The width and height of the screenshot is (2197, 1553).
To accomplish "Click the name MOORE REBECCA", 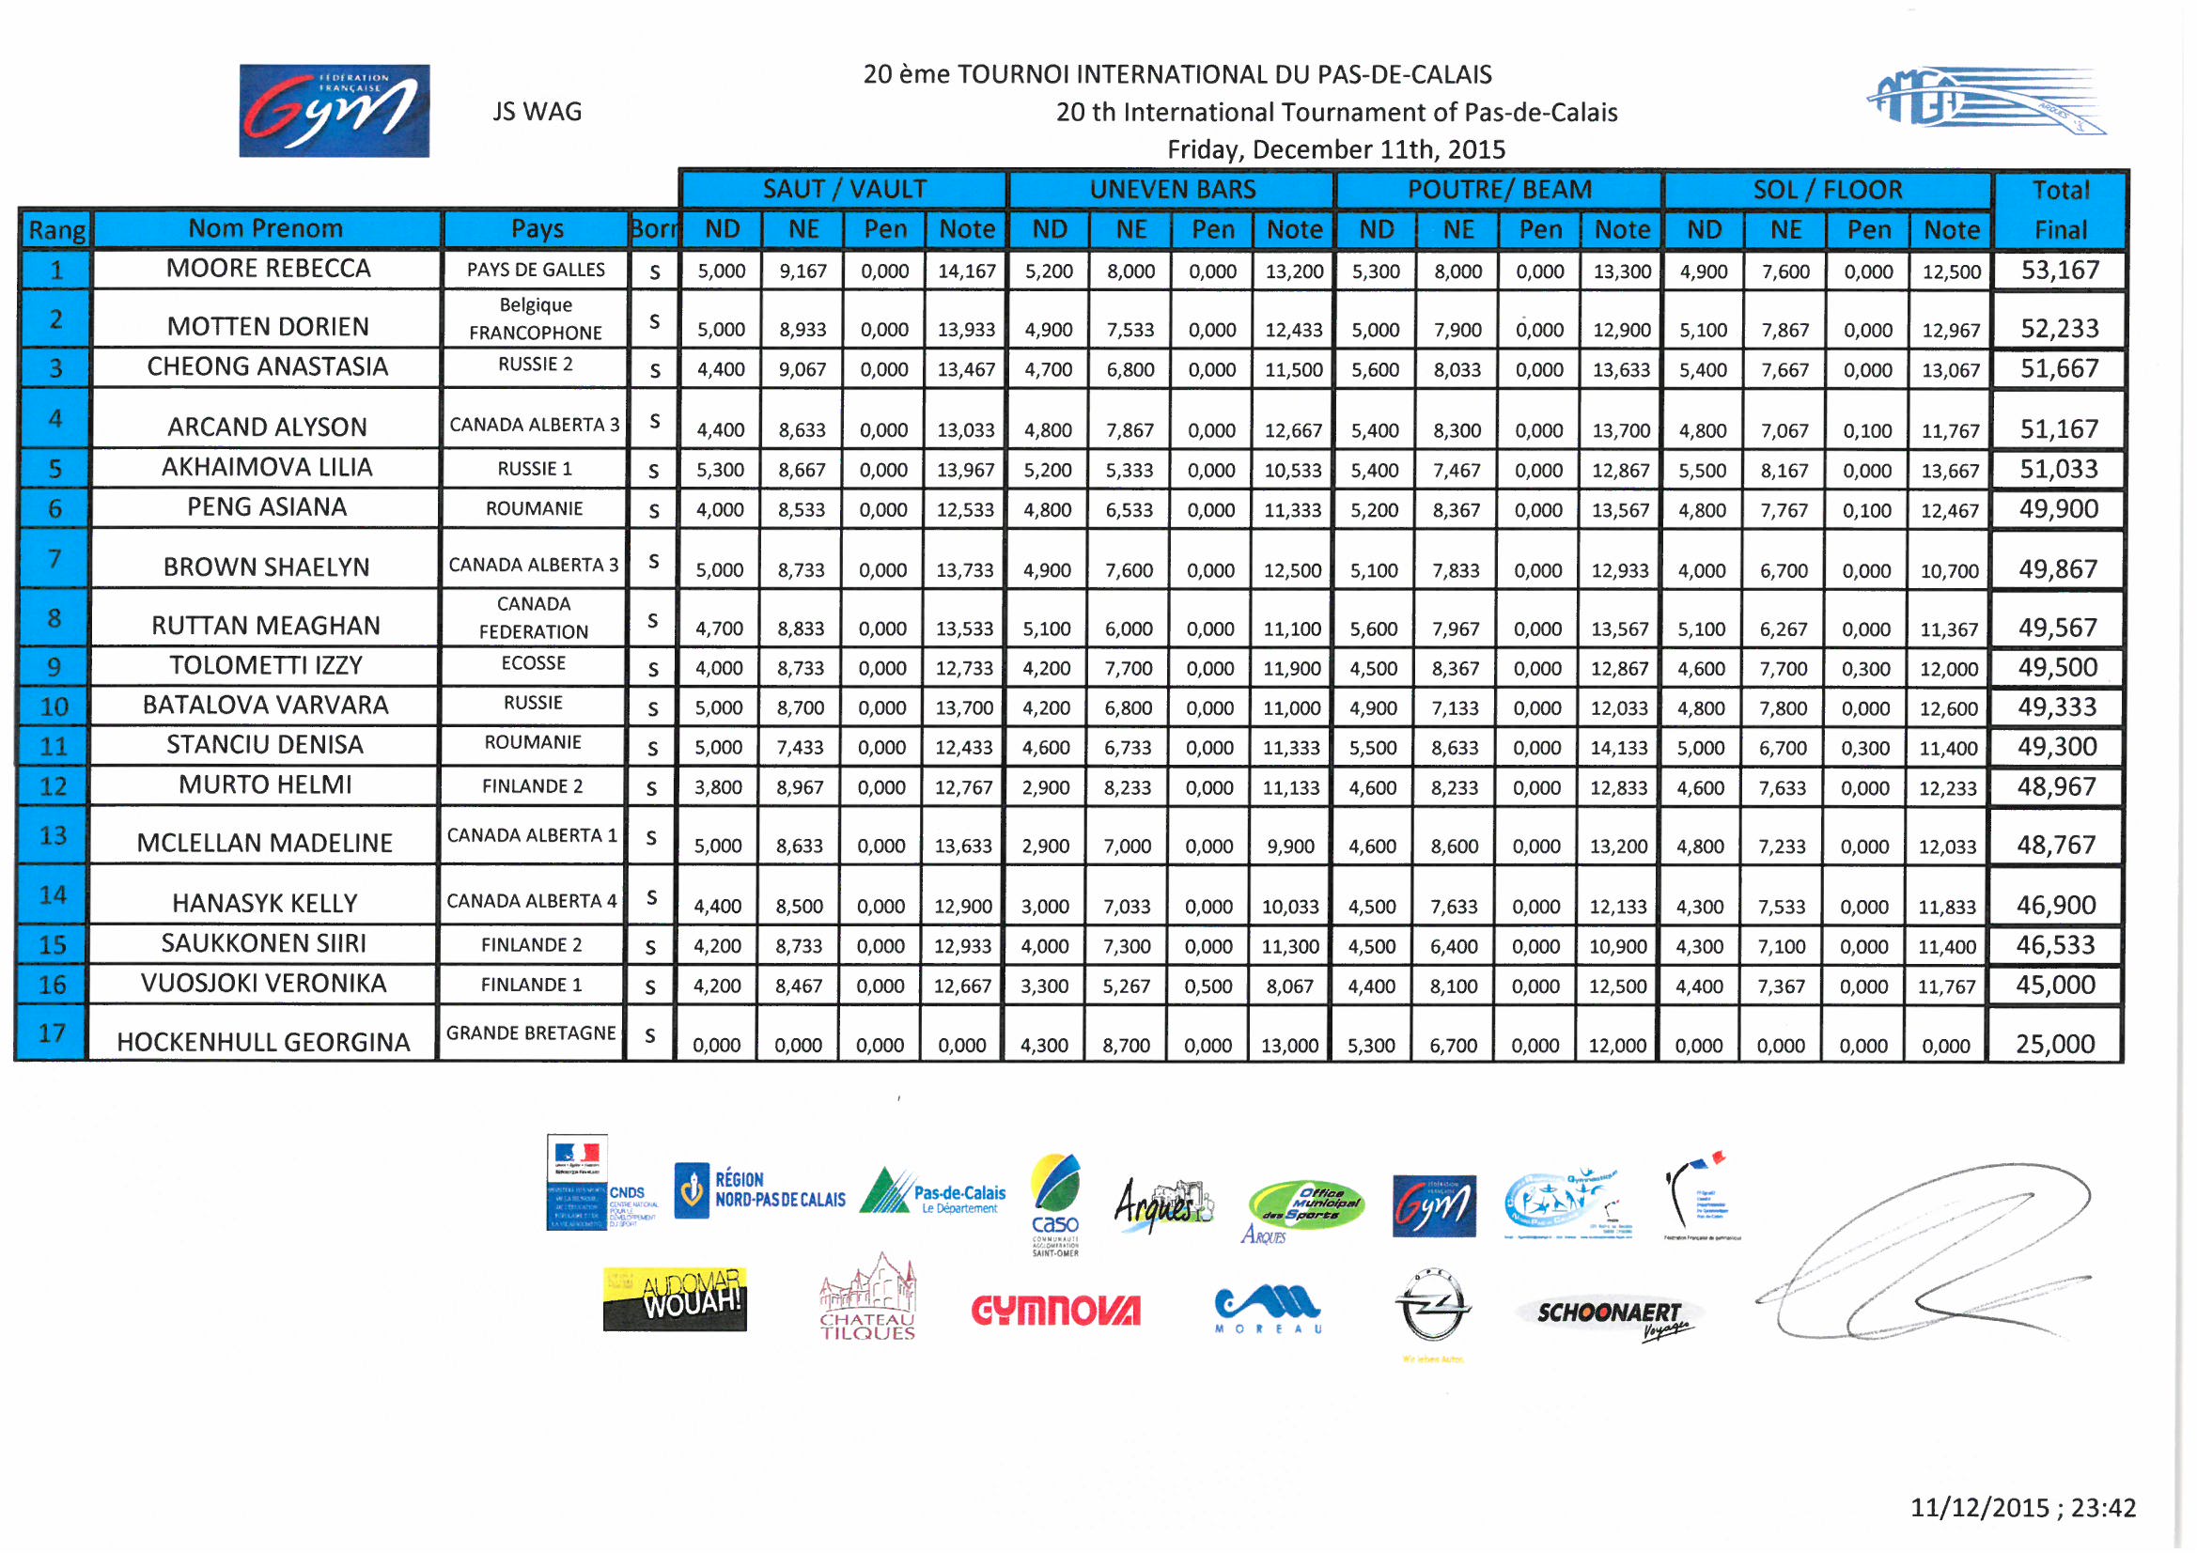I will point(268,269).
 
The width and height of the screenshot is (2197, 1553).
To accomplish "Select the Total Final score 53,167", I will point(2059,271).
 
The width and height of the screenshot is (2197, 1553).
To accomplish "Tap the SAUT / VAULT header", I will point(844,190).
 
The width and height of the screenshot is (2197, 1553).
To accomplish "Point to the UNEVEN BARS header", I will point(1172,190).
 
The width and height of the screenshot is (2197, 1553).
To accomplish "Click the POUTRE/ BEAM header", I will point(1500,190).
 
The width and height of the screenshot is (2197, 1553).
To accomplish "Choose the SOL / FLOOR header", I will point(1828,190).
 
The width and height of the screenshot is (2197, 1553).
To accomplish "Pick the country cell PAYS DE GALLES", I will point(536,270).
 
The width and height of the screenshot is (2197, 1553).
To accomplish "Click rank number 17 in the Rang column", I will point(53,1033).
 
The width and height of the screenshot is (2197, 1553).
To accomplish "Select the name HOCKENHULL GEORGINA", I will point(263,1042).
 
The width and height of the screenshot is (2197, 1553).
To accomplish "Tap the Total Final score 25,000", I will point(2055,1044).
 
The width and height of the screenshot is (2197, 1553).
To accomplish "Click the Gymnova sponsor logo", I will point(1055,1310).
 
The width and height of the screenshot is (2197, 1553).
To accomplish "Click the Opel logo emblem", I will point(1431,1307).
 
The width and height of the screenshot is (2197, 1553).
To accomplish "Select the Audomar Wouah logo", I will point(675,1298).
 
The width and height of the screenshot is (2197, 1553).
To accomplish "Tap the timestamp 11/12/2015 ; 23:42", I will point(2023,1508).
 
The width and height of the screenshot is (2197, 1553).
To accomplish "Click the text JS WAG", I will point(537,112).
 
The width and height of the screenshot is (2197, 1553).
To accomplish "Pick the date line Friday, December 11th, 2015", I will point(1336,150).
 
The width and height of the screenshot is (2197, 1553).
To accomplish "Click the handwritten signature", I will point(1924,1253).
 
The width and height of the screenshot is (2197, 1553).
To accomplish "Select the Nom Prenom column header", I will point(265,228).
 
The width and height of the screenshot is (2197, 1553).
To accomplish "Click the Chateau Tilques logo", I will point(867,1298).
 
